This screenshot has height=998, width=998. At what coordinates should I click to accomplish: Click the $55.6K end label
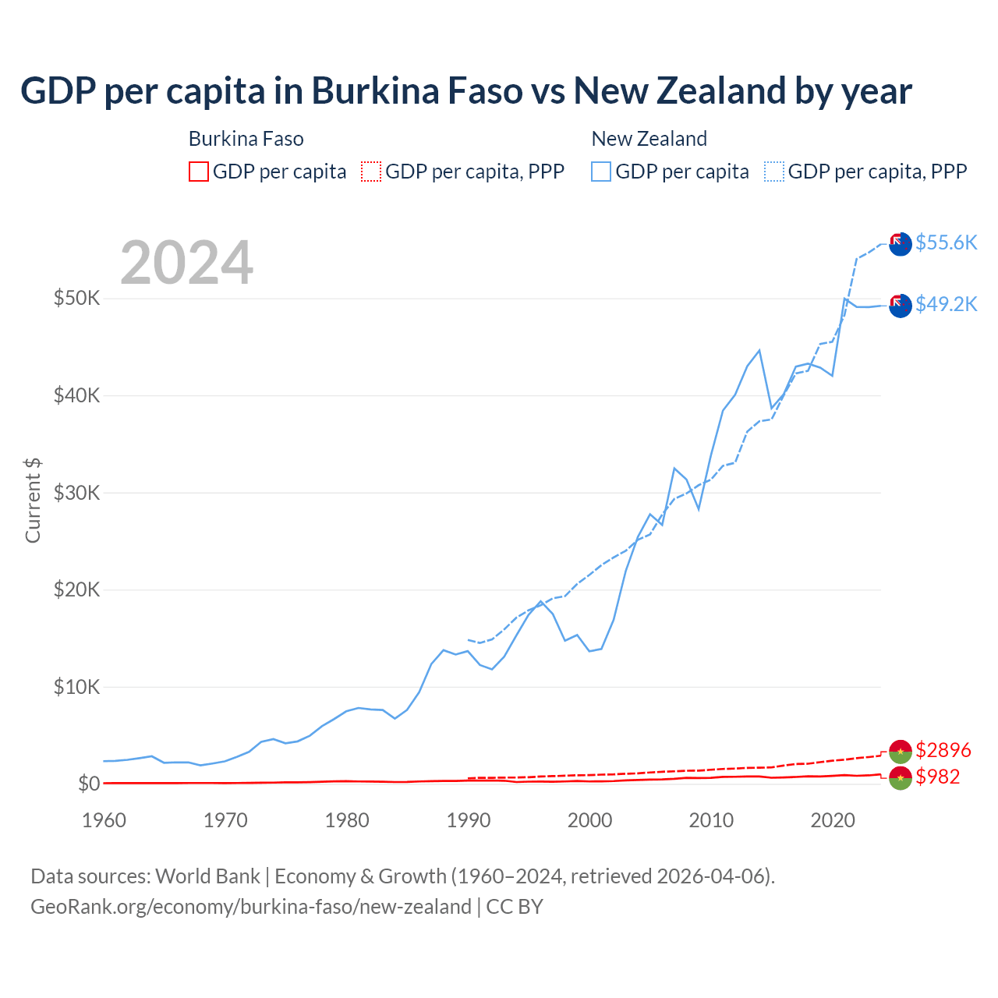coord(946,242)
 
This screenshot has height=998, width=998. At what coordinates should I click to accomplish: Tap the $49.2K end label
coord(946,304)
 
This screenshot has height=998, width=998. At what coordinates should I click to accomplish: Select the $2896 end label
coord(943,750)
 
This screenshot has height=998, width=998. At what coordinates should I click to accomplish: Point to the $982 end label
coord(937,777)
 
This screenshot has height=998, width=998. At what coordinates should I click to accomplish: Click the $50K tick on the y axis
coord(76,298)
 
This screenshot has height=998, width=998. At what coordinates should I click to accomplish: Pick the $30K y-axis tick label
coord(76,493)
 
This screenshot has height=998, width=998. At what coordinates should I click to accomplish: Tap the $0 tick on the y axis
coord(89,784)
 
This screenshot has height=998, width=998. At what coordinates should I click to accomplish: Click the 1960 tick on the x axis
coord(104,820)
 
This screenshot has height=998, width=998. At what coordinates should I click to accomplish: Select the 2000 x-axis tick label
coord(589,820)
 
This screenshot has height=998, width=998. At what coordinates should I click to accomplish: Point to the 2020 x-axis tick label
coord(833,820)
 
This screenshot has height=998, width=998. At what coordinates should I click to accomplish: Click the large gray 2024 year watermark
coord(186,263)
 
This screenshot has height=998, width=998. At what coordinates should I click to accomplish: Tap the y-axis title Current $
coord(33,501)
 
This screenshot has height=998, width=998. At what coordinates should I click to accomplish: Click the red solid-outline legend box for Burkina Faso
coord(199,172)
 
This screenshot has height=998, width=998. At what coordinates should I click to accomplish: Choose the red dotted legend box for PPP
coord(371,172)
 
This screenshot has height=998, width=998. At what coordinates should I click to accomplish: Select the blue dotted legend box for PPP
coord(774,172)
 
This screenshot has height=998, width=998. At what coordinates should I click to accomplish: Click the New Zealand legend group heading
coord(649,139)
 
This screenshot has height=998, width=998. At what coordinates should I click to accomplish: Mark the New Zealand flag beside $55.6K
coord(901,243)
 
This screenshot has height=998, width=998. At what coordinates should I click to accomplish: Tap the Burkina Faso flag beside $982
coord(901,777)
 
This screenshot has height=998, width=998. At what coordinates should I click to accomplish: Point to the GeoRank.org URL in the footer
coord(251,907)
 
